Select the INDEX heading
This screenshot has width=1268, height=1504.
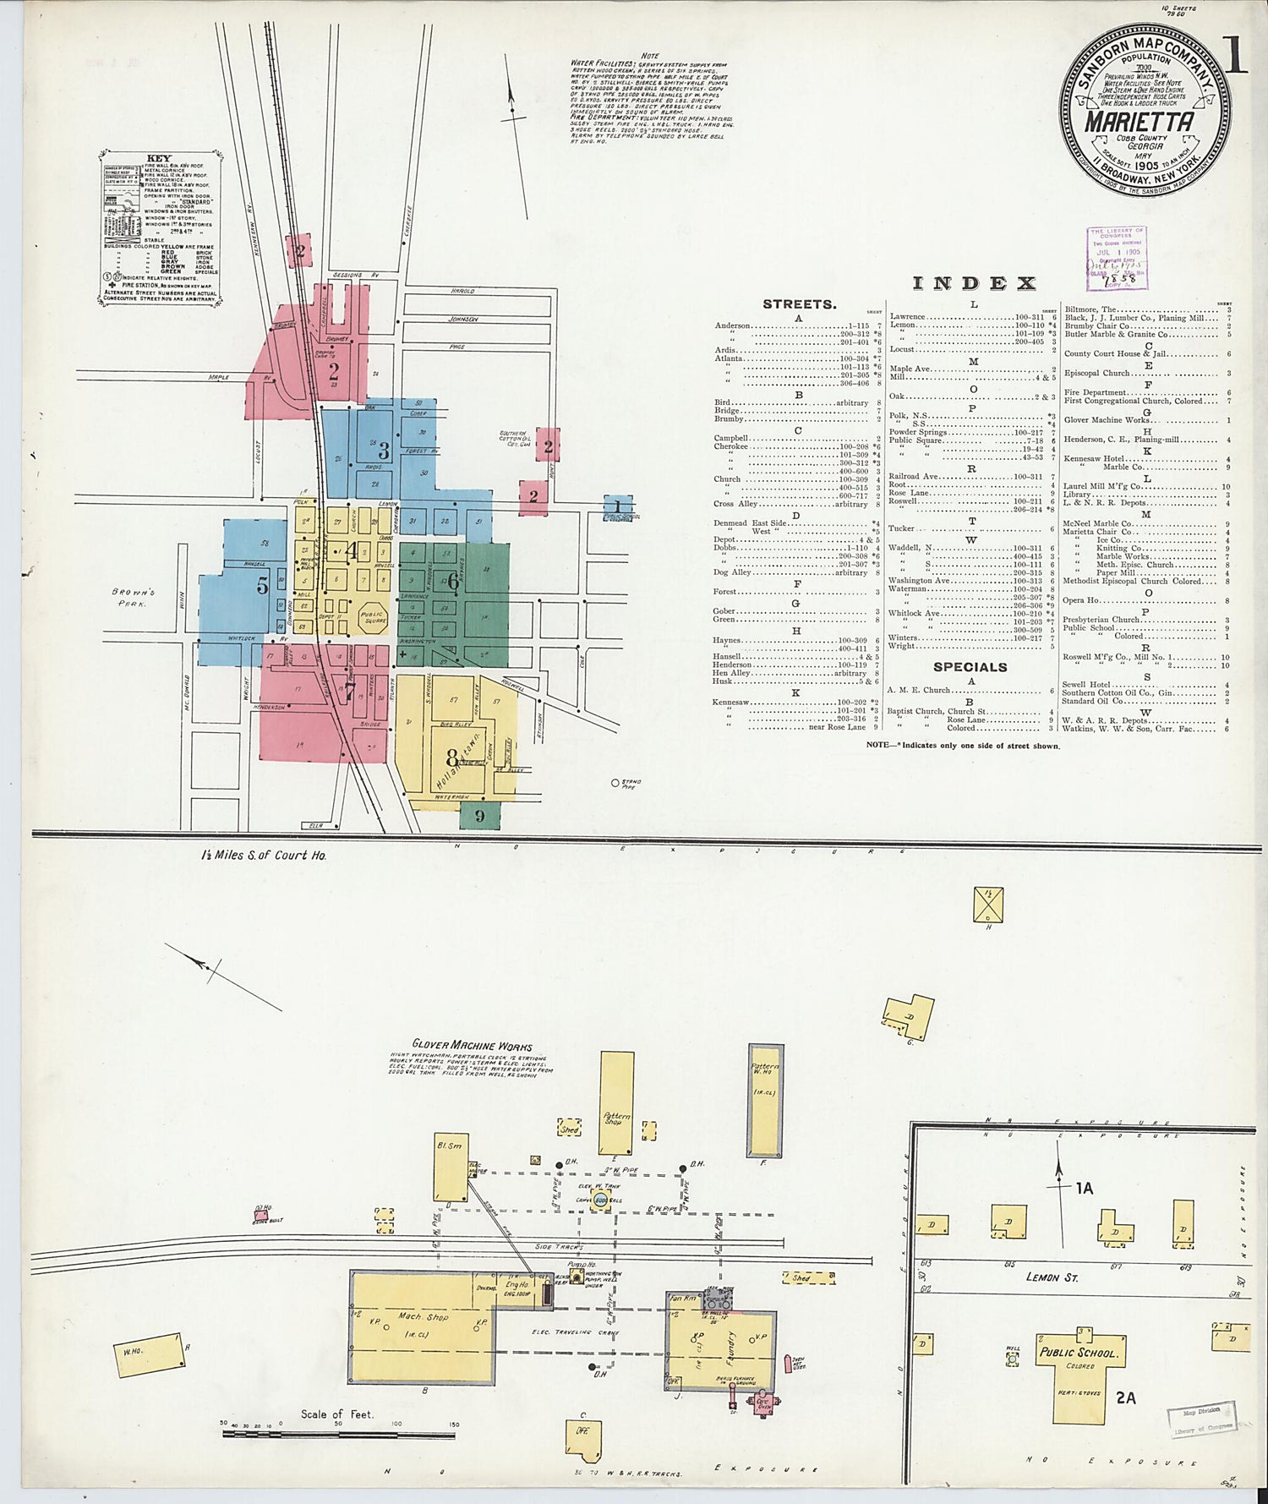(x=974, y=283)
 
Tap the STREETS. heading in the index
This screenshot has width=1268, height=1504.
(x=799, y=304)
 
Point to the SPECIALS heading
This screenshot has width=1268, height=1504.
(x=970, y=667)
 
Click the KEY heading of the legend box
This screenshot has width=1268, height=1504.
(x=158, y=158)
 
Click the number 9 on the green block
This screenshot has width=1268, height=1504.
(x=479, y=816)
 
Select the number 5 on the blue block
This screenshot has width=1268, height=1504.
(x=263, y=584)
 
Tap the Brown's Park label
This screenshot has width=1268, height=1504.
(x=133, y=598)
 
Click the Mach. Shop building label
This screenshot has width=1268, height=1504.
(x=423, y=1316)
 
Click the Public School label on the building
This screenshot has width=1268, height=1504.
(x=1078, y=1353)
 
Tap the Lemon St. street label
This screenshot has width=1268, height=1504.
(x=1052, y=1277)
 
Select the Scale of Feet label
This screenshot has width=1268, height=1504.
(x=336, y=1414)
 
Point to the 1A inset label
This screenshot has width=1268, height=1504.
(x=1084, y=1189)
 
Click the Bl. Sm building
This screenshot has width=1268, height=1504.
(x=450, y=1167)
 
